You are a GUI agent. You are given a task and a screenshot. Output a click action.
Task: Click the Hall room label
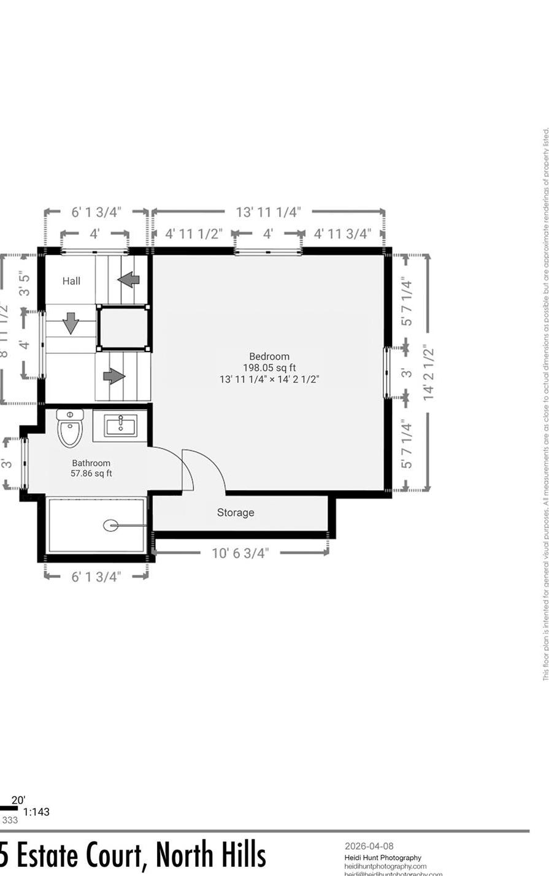tap(71, 281)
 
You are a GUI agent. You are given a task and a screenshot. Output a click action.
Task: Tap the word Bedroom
tap(269, 356)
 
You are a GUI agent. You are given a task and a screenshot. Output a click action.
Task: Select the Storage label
tap(235, 513)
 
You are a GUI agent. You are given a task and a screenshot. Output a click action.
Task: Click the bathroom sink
tap(120, 425)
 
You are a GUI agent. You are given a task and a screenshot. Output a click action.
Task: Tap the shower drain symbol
tap(110, 525)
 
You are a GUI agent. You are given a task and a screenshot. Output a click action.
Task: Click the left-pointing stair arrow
tap(128, 280)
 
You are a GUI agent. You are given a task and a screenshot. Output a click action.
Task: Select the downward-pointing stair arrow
tap(71, 323)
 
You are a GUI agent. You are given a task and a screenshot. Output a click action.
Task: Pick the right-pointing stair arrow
tap(114, 376)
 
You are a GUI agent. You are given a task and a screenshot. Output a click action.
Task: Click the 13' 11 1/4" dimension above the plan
tap(268, 212)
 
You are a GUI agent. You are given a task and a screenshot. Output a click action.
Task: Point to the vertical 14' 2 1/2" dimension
tap(428, 374)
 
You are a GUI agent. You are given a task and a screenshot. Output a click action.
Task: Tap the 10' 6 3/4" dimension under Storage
tap(240, 553)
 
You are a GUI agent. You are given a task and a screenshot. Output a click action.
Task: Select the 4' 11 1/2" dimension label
tap(193, 234)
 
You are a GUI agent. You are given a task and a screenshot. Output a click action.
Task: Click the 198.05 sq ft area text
tap(269, 368)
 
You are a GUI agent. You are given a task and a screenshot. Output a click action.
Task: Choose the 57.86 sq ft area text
tap(91, 474)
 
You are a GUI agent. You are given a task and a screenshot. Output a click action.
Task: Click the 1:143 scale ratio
tap(36, 812)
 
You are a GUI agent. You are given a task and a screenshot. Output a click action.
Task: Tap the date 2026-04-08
tap(369, 847)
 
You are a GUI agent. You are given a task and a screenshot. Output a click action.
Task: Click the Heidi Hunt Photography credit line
tap(383, 858)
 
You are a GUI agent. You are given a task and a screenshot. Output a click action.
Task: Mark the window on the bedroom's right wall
tap(387, 373)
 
